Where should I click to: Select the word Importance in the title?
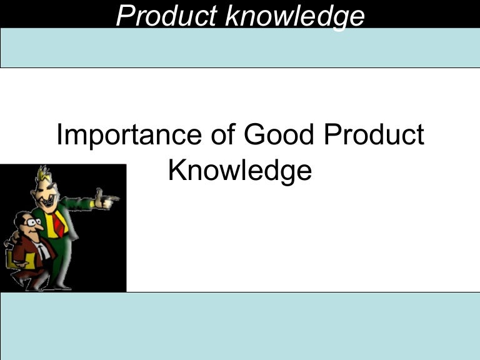click(125, 135)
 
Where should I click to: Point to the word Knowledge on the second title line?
click(239, 169)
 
